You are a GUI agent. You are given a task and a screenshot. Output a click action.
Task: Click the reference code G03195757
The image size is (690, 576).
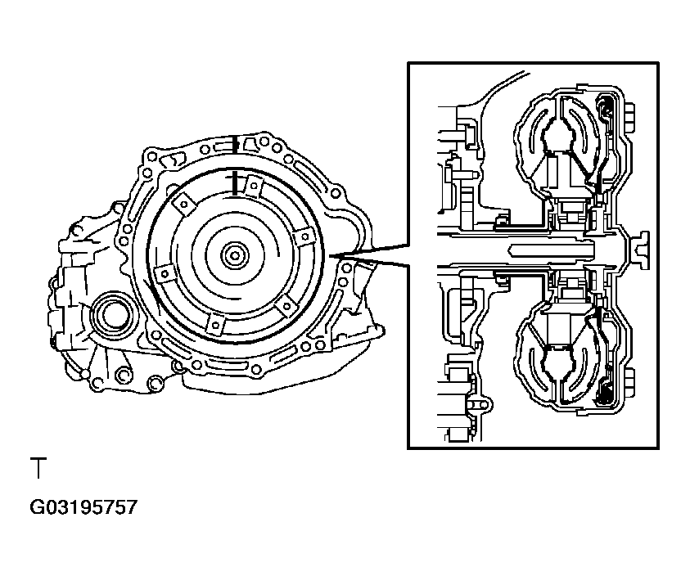tap(83, 507)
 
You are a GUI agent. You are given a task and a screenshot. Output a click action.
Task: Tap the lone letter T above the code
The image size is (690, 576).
tap(38, 468)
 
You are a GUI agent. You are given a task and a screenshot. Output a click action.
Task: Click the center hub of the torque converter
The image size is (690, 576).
tap(235, 255)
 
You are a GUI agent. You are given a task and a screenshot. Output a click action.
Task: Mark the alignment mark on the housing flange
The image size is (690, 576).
tap(236, 144)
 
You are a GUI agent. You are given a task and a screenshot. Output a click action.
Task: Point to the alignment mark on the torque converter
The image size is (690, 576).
tap(235, 184)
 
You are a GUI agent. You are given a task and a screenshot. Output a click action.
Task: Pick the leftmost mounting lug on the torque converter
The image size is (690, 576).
tap(165, 275)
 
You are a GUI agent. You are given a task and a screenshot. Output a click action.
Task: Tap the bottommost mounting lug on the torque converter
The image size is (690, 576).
tap(215, 325)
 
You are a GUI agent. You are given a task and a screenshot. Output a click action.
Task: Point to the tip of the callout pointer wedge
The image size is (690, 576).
tap(329, 255)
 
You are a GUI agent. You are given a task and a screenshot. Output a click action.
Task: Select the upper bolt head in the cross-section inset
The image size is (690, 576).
tap(629, 118)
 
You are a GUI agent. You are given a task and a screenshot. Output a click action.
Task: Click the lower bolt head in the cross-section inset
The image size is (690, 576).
tap(629, 384)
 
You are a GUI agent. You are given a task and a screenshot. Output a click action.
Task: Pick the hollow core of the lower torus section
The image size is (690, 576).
tap(559, 364)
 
